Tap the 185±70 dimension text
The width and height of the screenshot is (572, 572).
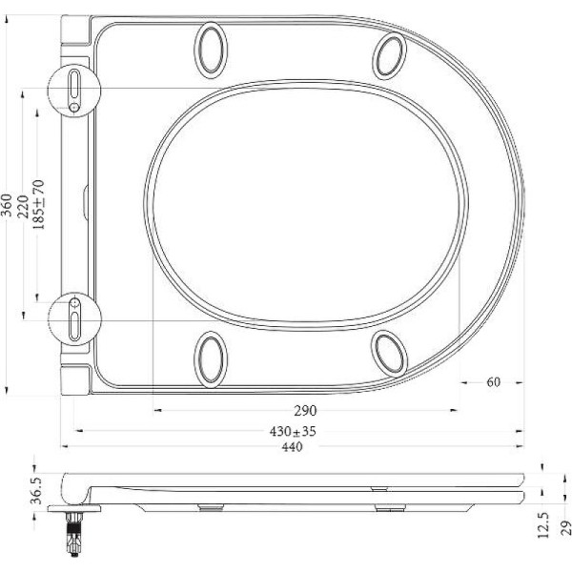point(39,201)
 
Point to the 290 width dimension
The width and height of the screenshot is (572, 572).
point(304,411)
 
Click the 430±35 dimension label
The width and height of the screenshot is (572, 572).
point(293,432)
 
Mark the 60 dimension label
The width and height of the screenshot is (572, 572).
point(493,382)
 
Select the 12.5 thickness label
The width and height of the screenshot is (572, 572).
point(542,525)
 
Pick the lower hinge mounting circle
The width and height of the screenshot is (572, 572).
point(74,317)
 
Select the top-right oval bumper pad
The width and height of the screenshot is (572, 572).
point(390,55)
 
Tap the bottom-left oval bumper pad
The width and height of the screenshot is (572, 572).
point(211,358)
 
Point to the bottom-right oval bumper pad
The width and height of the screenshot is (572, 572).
point(390,352)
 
